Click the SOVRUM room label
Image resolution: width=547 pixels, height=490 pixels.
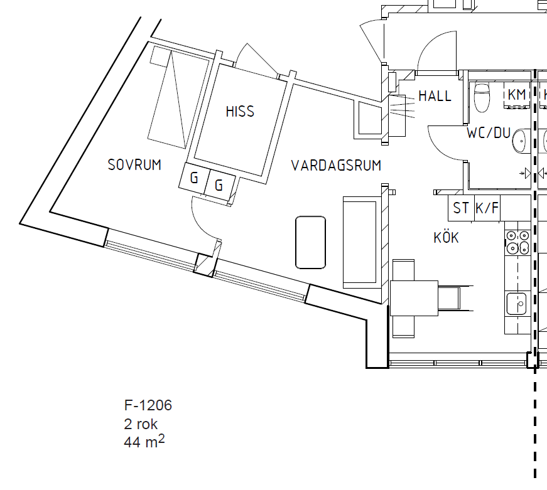tap(134, 165)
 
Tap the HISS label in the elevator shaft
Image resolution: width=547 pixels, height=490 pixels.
tap(240, 112)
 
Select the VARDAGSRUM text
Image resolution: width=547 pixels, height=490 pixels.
tap(336, 166)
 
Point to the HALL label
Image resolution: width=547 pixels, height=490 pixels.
tap(435, 96)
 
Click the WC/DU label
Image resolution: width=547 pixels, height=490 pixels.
tap(489, 133)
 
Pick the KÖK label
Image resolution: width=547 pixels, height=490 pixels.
tap(446, 237)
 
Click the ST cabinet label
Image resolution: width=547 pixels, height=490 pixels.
tap(461, 208)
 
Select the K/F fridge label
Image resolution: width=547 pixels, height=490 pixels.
tap(487, 208)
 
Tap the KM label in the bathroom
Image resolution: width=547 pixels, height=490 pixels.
tap(517, 95)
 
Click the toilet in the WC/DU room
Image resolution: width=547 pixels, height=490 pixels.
tap(482, 97)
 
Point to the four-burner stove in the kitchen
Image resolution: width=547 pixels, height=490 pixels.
tap(517, 243)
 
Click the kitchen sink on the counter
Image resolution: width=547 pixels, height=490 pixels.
tap(516, 304)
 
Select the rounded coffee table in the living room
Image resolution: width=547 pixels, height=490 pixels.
tap(310, 243)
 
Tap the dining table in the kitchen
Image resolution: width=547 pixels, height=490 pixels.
tap(414, 298)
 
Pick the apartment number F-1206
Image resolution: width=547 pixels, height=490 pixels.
tap(148, 405)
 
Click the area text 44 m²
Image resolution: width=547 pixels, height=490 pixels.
tap(144, 442)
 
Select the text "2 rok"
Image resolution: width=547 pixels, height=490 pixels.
tap(141, 424)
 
